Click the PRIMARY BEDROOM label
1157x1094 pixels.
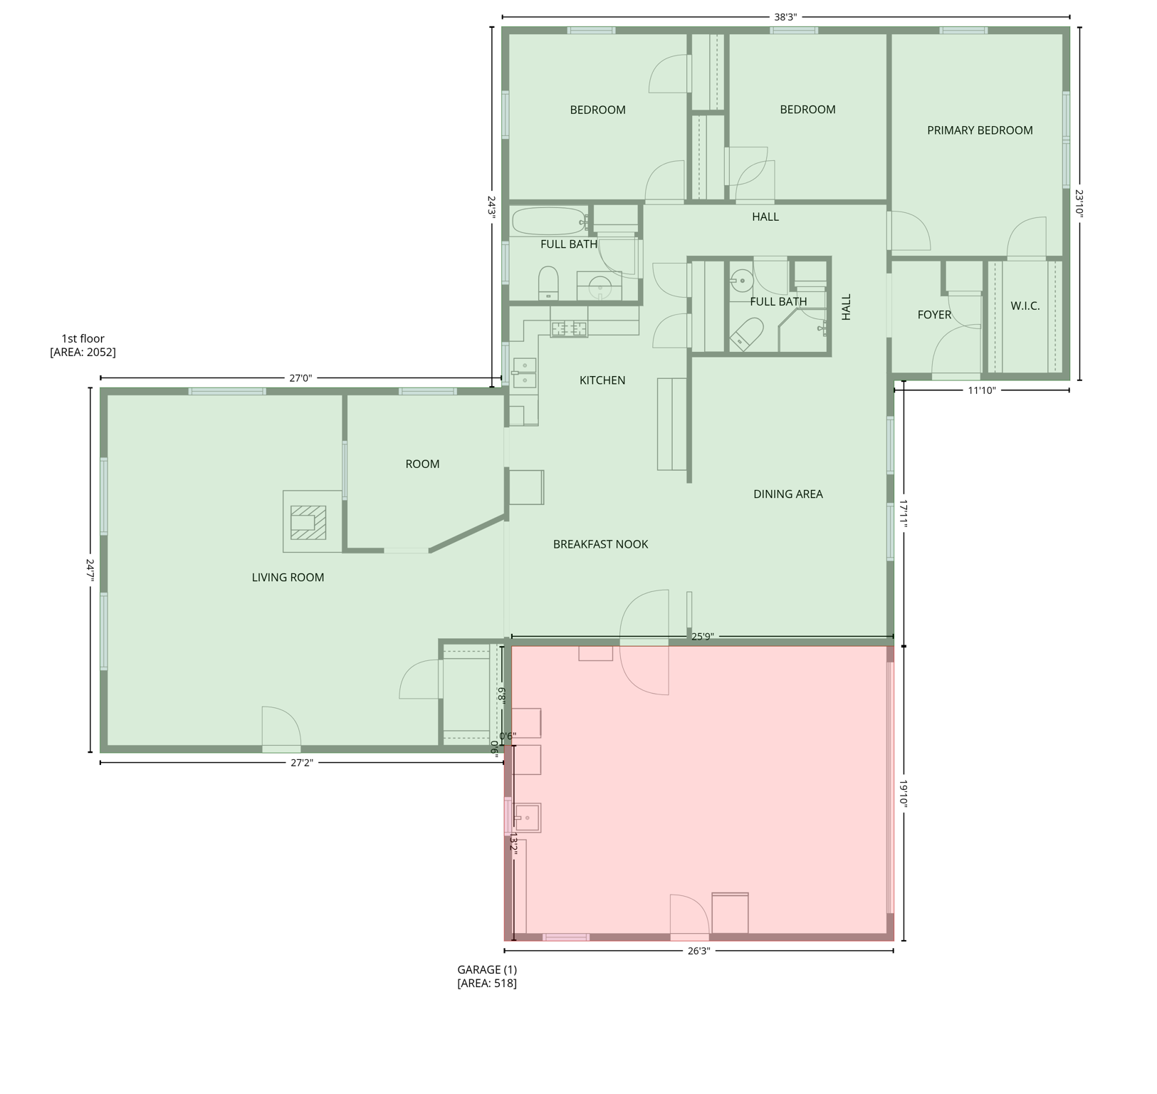(x=979, y=130)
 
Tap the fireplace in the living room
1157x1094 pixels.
(x=308, y=522)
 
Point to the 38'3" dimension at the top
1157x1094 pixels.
(x=785, y=17)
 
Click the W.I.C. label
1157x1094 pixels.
(x=1025, y=306)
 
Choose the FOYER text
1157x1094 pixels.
(x=934, y=315)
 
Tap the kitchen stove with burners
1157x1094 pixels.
(x=569, y=328)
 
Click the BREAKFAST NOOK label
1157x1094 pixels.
(x=600, y=544)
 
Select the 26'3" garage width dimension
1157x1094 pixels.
(x=699, y=950)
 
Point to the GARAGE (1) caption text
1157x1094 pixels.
(x=487, y=969)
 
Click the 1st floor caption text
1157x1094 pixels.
(x=83, y=339)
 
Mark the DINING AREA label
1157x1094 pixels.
(x=787, y=494)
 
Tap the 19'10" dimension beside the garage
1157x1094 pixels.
(x=904, y=793)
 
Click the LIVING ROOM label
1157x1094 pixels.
(x=288, y=578)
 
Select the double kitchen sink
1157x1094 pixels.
(x=525, y=373)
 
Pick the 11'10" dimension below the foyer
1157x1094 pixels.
(x=981, y=390)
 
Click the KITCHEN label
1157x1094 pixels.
(x=602, y=380)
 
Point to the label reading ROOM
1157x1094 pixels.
(x=422, y=464)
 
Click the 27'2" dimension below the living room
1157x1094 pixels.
(x=301, y=763)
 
